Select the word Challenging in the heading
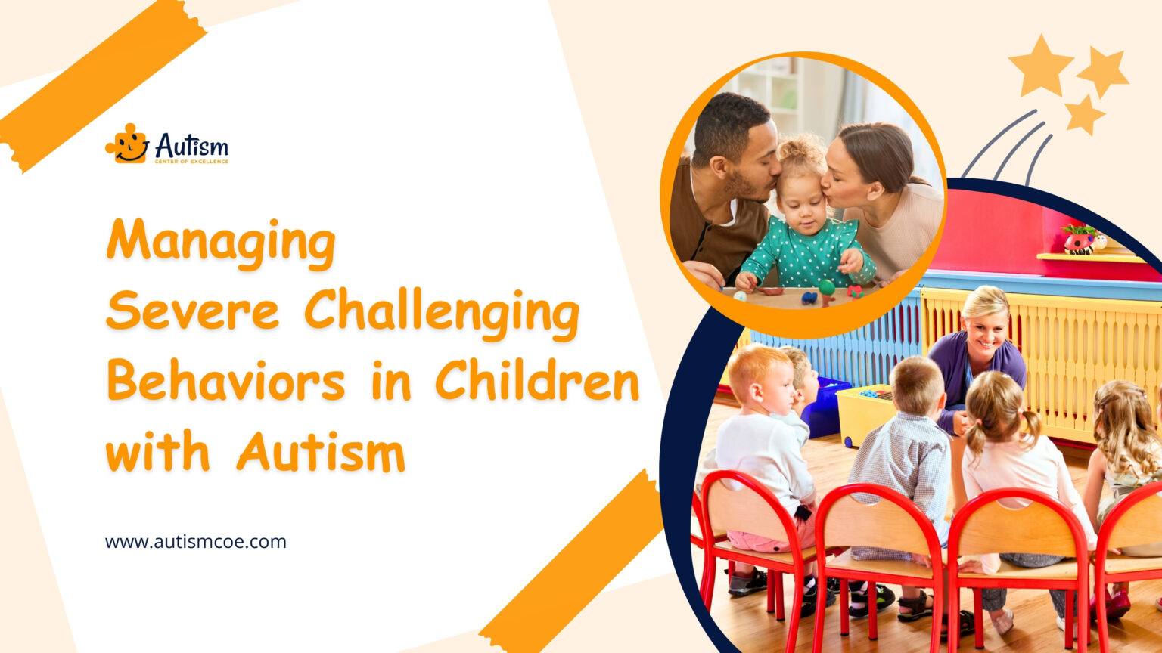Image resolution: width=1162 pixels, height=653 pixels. [442, 311]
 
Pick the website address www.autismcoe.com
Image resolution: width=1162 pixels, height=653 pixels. [196, 542]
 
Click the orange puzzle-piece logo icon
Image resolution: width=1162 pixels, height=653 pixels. [126, 144]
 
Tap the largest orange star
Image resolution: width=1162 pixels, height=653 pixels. [1040, 66]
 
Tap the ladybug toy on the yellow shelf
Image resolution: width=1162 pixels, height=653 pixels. [1080, 241]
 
